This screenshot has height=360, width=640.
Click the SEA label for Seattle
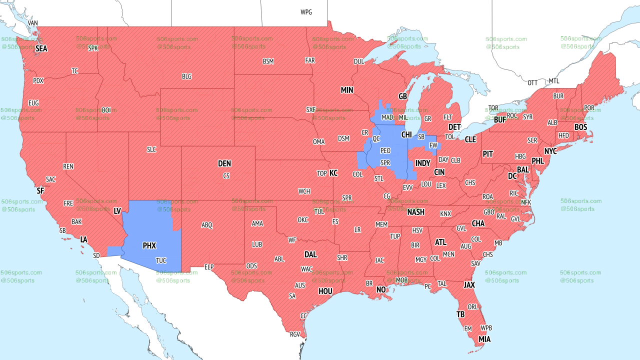41,48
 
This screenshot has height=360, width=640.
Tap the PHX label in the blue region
149,245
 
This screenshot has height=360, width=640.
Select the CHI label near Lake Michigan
406,135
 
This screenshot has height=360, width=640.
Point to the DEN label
224,163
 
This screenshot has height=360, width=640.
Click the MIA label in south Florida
484,339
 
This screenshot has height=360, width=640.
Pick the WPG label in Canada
306,12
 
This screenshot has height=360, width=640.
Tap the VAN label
33,23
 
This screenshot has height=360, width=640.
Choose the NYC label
550,151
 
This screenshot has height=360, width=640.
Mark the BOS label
580,127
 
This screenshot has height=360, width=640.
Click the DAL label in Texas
310,254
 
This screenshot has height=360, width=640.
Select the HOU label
325,291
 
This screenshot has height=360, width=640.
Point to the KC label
333,173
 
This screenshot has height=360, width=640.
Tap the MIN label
347,90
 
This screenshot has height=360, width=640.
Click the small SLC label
151,149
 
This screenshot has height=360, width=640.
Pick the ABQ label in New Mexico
207,225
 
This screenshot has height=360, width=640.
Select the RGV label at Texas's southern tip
295,334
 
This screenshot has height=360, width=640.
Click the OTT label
532,82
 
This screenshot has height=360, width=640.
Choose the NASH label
415,212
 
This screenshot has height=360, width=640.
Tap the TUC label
161,260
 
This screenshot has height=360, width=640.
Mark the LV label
117,211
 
